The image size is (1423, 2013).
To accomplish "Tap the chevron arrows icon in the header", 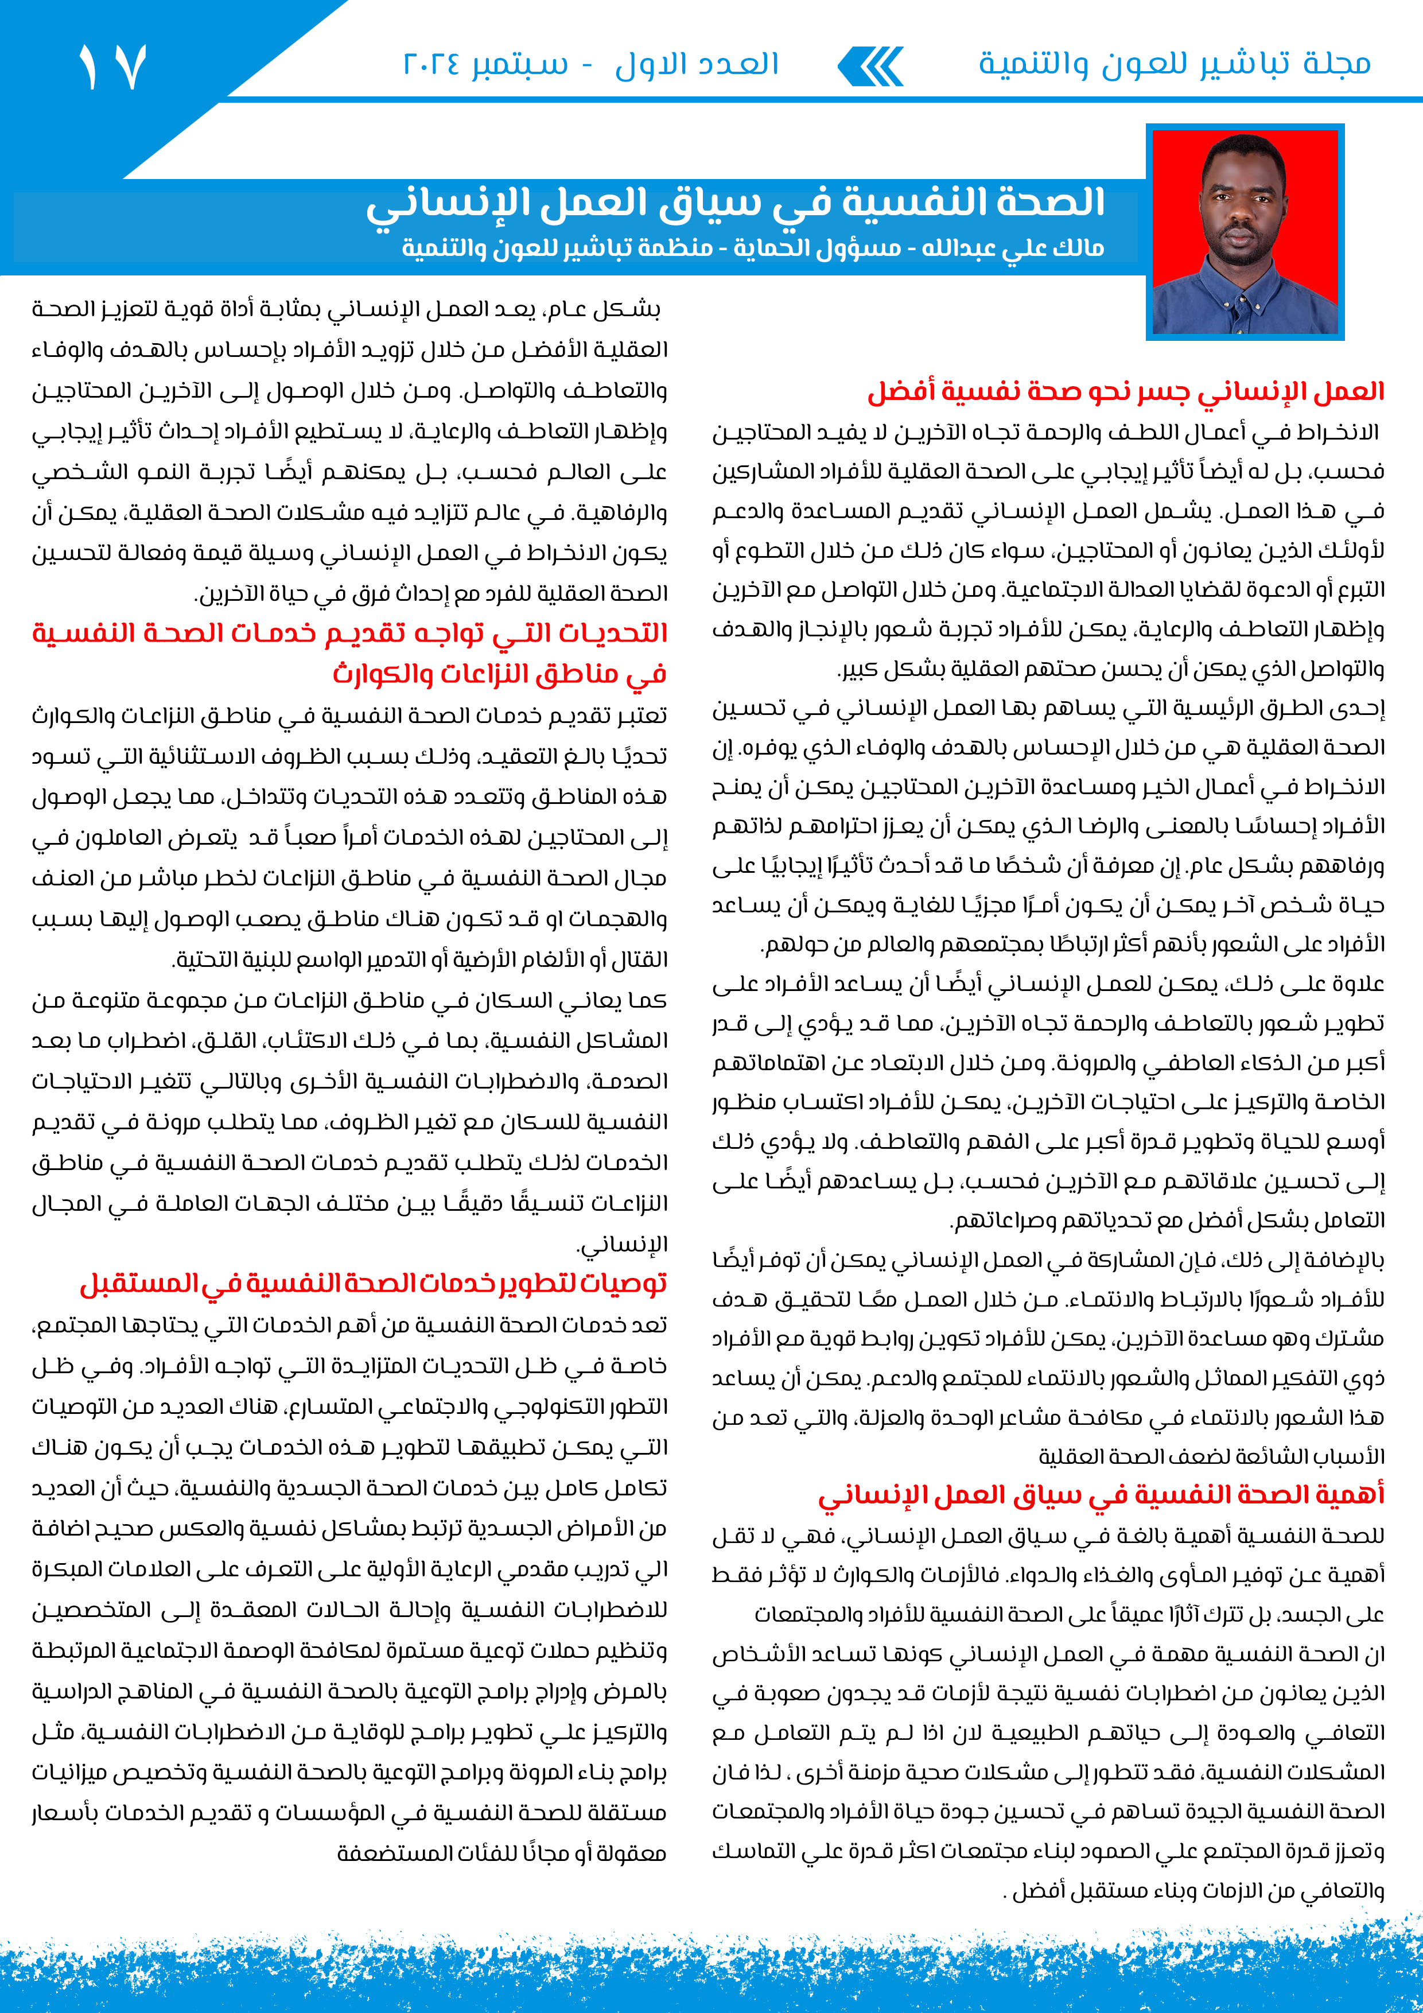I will point(870,67).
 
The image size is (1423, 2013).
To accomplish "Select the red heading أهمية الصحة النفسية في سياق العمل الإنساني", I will point(1101,1494).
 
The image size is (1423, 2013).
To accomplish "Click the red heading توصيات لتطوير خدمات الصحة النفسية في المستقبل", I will point(374,1284).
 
